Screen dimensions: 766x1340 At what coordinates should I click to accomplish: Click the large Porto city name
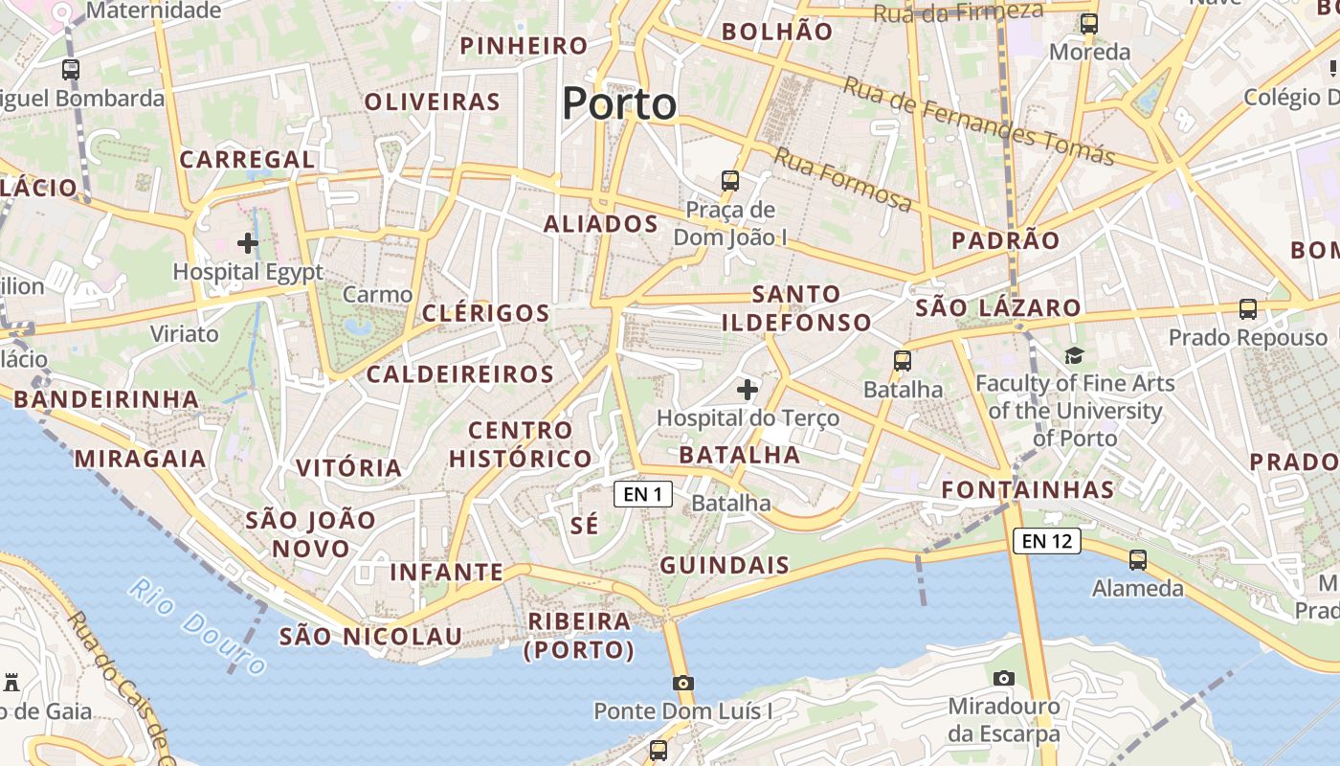pyautogui.click(x=619, y=103)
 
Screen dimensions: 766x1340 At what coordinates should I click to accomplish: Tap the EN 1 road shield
pyautogui.click(x=642, y=494)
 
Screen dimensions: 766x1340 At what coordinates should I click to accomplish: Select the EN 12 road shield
pyautogui.click(x=1046, y=541)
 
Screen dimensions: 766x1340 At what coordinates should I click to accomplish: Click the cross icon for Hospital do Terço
pyautogui.click(x=748, y=390)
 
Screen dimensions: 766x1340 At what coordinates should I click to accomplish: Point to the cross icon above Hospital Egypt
pyautogui.click(x=248, y=243)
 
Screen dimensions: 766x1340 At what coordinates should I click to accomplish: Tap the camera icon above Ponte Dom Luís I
pyautogui.click(x=682, y=683)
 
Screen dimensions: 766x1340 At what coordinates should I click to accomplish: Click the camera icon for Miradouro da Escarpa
pyautogui.click(x=1003, y=679)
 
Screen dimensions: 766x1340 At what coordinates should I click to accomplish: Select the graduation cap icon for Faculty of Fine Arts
pyautogui.click(x=1074, y=356)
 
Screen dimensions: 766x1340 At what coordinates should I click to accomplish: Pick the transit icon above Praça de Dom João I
pyautogui.click(x=730, y=180)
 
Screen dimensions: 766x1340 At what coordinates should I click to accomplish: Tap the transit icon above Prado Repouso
pyautogui.click(x=1247, y=309)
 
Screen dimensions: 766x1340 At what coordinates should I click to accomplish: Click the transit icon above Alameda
pyautogui.click(x=1138, y=560)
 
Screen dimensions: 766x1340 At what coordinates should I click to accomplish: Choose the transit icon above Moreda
pyautogui.click(x=1089, y=24)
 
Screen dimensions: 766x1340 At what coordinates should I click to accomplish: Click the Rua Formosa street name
pyautogui.click(x=842, y=180)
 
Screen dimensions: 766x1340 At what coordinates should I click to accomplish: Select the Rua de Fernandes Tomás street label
pyautogui.click(x=978, y=121)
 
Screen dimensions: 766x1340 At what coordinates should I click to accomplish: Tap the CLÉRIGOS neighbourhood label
pyautogui.click(x=486, y=313)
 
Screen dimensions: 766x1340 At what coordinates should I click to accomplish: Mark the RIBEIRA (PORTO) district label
pyautogui.click(x=580, y=636)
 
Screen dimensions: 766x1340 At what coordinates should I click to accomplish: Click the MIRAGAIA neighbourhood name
pyautogui.click(x=141, y=459)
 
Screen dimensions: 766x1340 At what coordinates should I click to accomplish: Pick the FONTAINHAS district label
pyautogui.click(x=1028, y=490)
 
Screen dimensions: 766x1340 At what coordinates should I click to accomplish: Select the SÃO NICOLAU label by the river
pyautogui.click(x=370, y=637)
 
